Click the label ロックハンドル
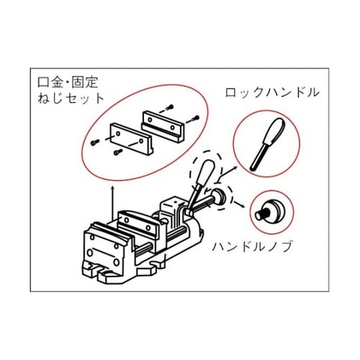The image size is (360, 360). point(272,92)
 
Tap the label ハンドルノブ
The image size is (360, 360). point(253,246)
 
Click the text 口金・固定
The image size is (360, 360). point(68,82)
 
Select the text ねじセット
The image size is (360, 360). point(71,98)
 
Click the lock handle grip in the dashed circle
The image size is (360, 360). point(205,171)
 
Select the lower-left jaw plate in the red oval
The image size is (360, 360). point(131,138)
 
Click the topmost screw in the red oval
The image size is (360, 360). point(171,107)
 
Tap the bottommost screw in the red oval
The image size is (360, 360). point(118,152)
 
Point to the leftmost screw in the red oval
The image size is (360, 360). point(94,143)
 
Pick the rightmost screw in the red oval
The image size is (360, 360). point(197,118)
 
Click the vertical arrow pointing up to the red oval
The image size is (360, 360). point(112,202)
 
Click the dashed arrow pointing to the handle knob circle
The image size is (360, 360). point(238,203)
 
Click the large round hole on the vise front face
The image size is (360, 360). point(90,253)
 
